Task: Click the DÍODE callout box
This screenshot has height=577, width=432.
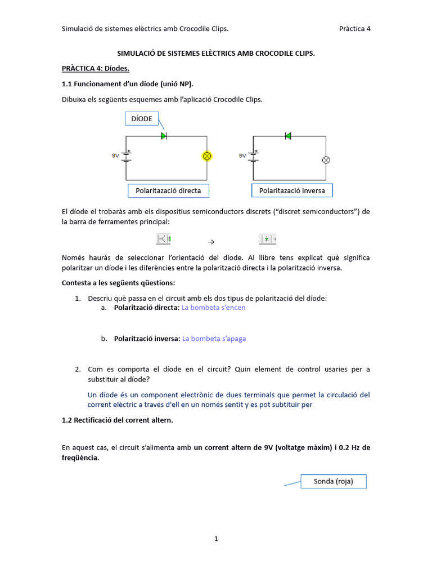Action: pyautogui.click(x=141, y=118)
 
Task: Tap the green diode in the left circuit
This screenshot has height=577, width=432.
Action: pyautogui.click(x=164, y=136)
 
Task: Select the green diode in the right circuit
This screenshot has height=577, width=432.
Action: pyautogui.click(x=288, y=136)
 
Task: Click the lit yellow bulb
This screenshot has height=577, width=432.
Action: pyautogui.click(x=206, y=156)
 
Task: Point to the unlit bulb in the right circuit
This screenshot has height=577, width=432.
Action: pyautogui.click(x=326, y=159)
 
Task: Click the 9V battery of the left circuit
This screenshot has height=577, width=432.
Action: pyautogui.click(x=127, y=156)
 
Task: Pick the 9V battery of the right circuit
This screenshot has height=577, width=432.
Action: pyautogui.click(x=254, y=156)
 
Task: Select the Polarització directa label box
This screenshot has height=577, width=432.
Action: pyautogui.click(x=168, y=190)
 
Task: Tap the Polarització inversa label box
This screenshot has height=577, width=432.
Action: pyautogui.click(x=292, y=190)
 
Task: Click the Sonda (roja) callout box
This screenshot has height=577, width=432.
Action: pyautogui.click(x=333, y=481)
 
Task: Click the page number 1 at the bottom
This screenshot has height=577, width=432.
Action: pyautogui.click(x=216, y=539)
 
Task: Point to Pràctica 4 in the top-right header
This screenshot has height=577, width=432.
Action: pyautogui.click(x=355, y=29)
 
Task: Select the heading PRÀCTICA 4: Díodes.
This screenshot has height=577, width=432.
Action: pyautogui.click(x=96, y=69)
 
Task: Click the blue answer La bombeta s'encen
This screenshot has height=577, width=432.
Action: pyautogui.click(x=214, y=308)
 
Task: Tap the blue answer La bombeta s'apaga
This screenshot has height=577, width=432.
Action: pyautogui.click(x=214, y=339)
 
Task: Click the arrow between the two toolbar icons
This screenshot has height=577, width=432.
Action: pyautogui.click(x=211, y=241)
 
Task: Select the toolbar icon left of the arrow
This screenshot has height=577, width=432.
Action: pyautogui.click(x=164, y=239)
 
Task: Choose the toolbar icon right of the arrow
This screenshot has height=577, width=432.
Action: pyautogui.click(x=267, y=239)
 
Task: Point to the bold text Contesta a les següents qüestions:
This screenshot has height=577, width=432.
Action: pyautogui.click(x=118, y=282)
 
